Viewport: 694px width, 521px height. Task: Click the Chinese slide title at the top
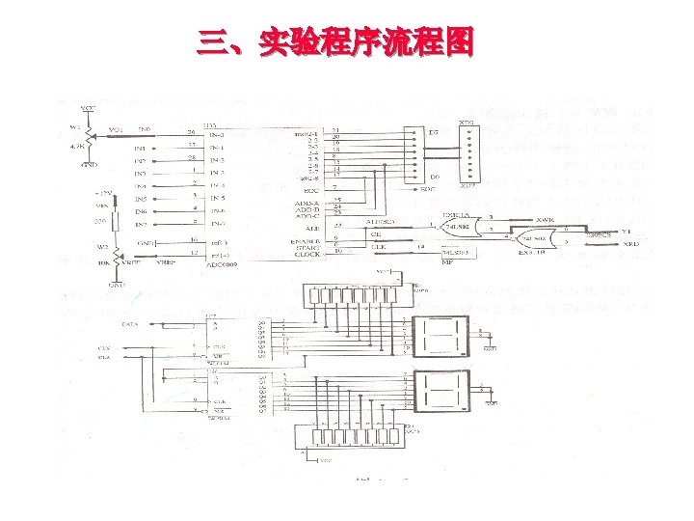(x=335, y=43)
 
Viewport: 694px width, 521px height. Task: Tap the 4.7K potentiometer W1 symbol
(x=89, y=134)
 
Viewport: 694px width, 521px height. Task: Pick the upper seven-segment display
(x=440, y=334)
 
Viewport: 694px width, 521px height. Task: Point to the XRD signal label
(x=631, y=245)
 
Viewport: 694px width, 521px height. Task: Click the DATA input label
(x=128, y=325)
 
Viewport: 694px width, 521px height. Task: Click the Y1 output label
(x=627, y=232)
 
